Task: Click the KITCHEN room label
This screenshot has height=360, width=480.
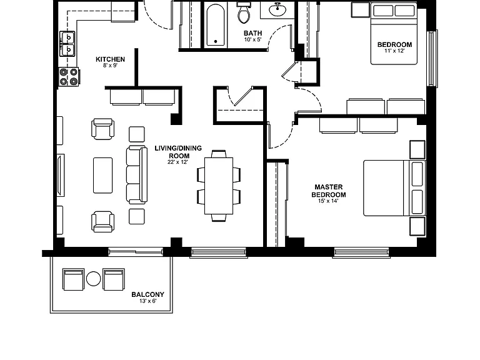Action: (110, 59)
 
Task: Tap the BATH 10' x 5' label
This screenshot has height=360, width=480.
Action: (253, 36)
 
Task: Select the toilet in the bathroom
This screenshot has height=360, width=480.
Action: (244, 12)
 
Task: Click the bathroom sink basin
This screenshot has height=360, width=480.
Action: (277, 10)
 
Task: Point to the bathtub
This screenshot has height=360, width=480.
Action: (216, 25)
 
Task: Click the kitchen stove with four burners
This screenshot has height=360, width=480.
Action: (69, 76)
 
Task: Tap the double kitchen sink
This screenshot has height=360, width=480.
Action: (67, 44)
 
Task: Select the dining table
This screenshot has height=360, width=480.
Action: (219, 186)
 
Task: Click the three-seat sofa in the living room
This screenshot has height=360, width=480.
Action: (137, 175)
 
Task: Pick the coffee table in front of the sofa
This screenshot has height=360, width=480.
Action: (103, 176)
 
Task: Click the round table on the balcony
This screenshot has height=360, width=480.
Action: (93, 279)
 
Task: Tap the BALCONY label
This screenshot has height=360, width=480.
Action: (148, 294)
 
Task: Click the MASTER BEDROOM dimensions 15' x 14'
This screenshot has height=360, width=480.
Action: (328, 201)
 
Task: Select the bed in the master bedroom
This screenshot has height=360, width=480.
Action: (394, 188)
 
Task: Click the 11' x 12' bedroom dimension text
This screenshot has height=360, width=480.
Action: (394, 51)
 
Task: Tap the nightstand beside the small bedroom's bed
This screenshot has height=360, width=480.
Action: (360, 9)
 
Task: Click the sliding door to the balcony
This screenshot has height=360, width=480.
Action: (136, 252)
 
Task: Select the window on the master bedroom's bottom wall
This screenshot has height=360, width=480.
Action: (361, 252)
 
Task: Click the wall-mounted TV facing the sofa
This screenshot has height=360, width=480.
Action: (61, 175)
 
